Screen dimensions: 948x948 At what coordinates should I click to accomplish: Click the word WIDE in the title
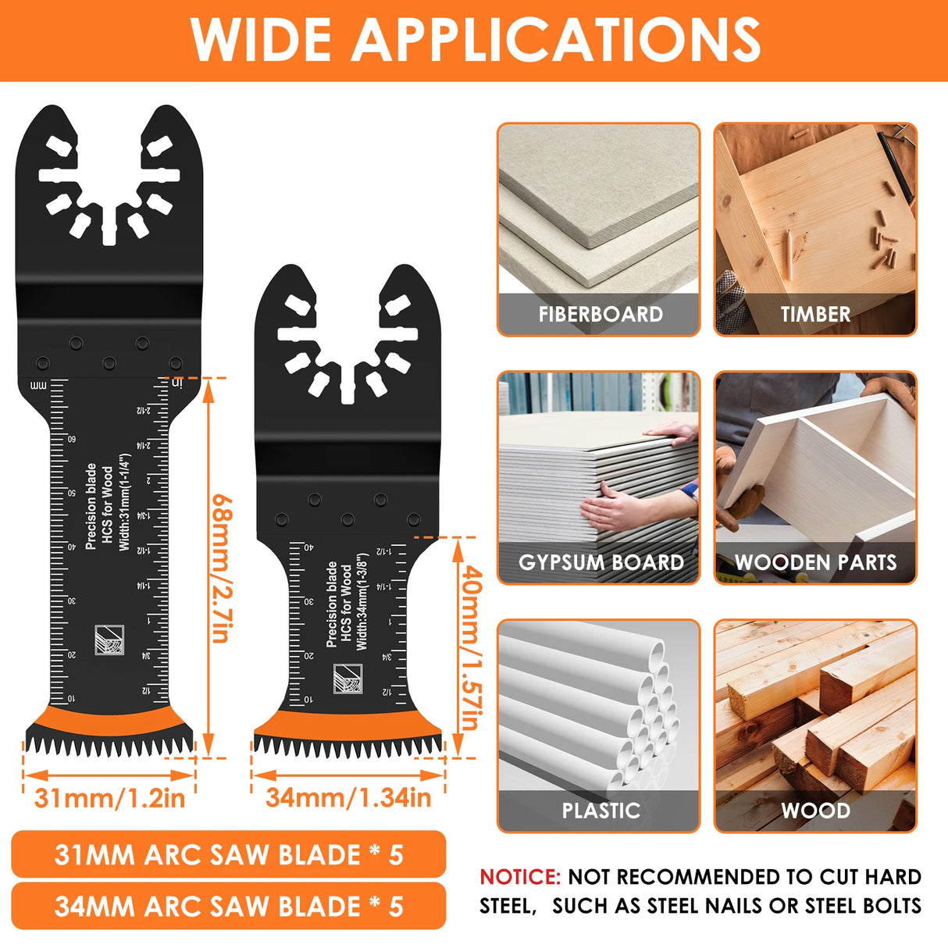pyautogui.click(x=261, y=38)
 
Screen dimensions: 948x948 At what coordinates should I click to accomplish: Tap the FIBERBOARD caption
pyautogui.click(x=600, y=314)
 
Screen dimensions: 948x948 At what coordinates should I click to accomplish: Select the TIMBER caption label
pyautogui.click(x=815, y=314)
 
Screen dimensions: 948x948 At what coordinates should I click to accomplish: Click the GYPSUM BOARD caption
pyautogui.click(x=600, y=562)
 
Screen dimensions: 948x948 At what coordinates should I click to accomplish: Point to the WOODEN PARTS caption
pyautogui.click(x=815, y=562)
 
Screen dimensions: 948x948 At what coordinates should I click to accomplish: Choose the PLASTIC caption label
pyautogui.click(x=600, y=811)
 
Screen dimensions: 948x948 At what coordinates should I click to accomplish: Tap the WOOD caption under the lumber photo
pyautogui.click(x=815, y=811)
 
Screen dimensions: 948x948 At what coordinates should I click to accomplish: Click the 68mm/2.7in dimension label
pyautogui.click(x=221, y=568)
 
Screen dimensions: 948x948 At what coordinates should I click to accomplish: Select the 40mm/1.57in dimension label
pyautogui.click(x=470, y=648)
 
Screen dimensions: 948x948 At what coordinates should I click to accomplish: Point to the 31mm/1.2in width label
pyautogui.click(x=109, y=798)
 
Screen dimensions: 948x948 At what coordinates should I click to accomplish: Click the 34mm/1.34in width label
pyautogui.click(x=348, y=798)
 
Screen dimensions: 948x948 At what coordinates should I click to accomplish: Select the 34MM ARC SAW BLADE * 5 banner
pyautogui.click(x=228, y=906)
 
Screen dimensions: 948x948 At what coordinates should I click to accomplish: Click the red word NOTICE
pyautogui.click(x=520, y=877)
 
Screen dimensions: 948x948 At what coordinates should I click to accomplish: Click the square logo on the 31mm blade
pyautogui.click(x=109, y=640)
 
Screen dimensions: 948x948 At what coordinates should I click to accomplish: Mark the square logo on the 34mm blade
pyautogui.click(x=348, y=679)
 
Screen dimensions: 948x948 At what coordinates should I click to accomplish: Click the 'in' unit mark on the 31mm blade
pyautogui.click(x=176, y=382)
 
